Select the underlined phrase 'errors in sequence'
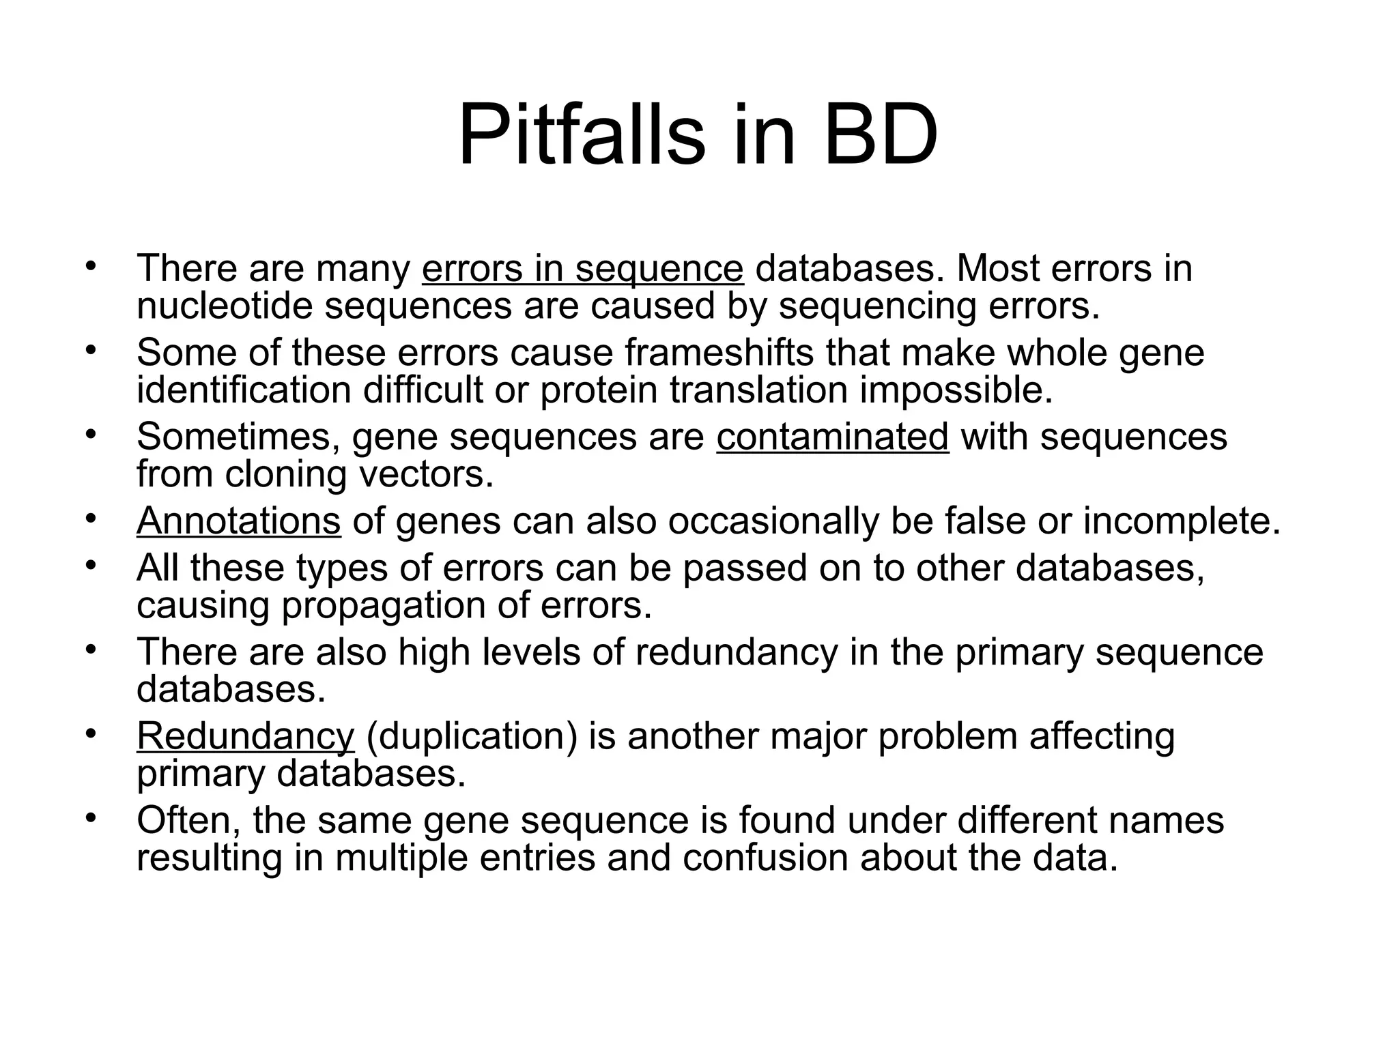pyautogui.click(x=582, y=268)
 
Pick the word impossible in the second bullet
pyautogui.click(x=956, y=390)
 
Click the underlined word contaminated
pyautogui.click(x=832, y=437)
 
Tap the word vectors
pyautogui.click(x=431, y=474)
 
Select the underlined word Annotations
pyautogui.click(x=238, y=521)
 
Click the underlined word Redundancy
pyautogui.click(x=245, y=736)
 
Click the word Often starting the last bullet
pyautogui.click(x=189, y=820)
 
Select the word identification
pyautogui.click(x=244, y=390)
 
